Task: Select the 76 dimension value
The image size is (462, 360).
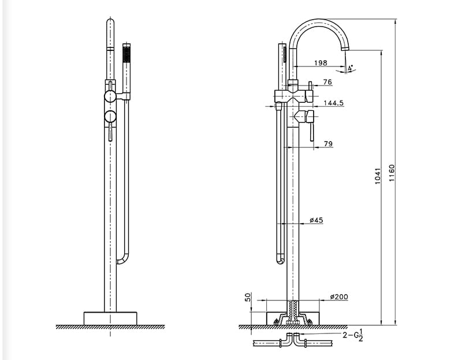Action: pyautogui.click(x=327, y=83)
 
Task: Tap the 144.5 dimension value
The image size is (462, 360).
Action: pyautogui.click(x=334, y=103)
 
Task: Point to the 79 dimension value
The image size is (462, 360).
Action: pyautogui.click(x=328, y=143)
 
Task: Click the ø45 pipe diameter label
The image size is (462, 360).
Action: pyautogui.click(x=316, y=220)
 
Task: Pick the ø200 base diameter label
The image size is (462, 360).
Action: pyautogui.click(x=339, y=296)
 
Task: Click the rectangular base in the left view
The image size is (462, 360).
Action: pyautogui.click(x=110, y=318)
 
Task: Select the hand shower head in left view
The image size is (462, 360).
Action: pyautogui.click(x=128, y=58)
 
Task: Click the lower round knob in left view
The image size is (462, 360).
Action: pyautogui.click(x=110, y=117)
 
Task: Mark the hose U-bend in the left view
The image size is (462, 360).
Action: pyautogui.click(x=122, y=260)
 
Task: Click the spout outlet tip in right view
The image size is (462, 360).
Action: pyautogui.click(x=346, y=51)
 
